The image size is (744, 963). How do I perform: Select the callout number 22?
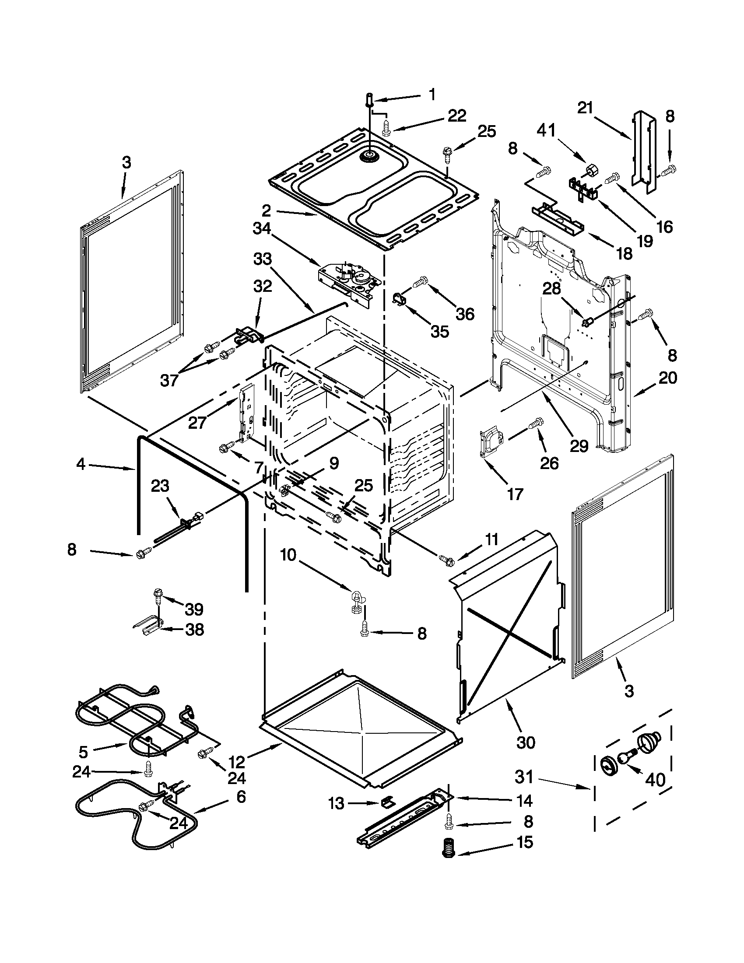coord(456,116)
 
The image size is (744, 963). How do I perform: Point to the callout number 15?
coord(525,842)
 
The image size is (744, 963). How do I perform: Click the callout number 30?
coord(526,742)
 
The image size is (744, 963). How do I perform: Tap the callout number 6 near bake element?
coord(241,797)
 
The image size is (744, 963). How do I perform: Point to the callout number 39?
coord(193,609)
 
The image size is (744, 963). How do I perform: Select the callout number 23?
coord(160,487)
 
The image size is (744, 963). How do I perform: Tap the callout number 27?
coord(197,423)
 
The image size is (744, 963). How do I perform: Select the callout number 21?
coord(585,108)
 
